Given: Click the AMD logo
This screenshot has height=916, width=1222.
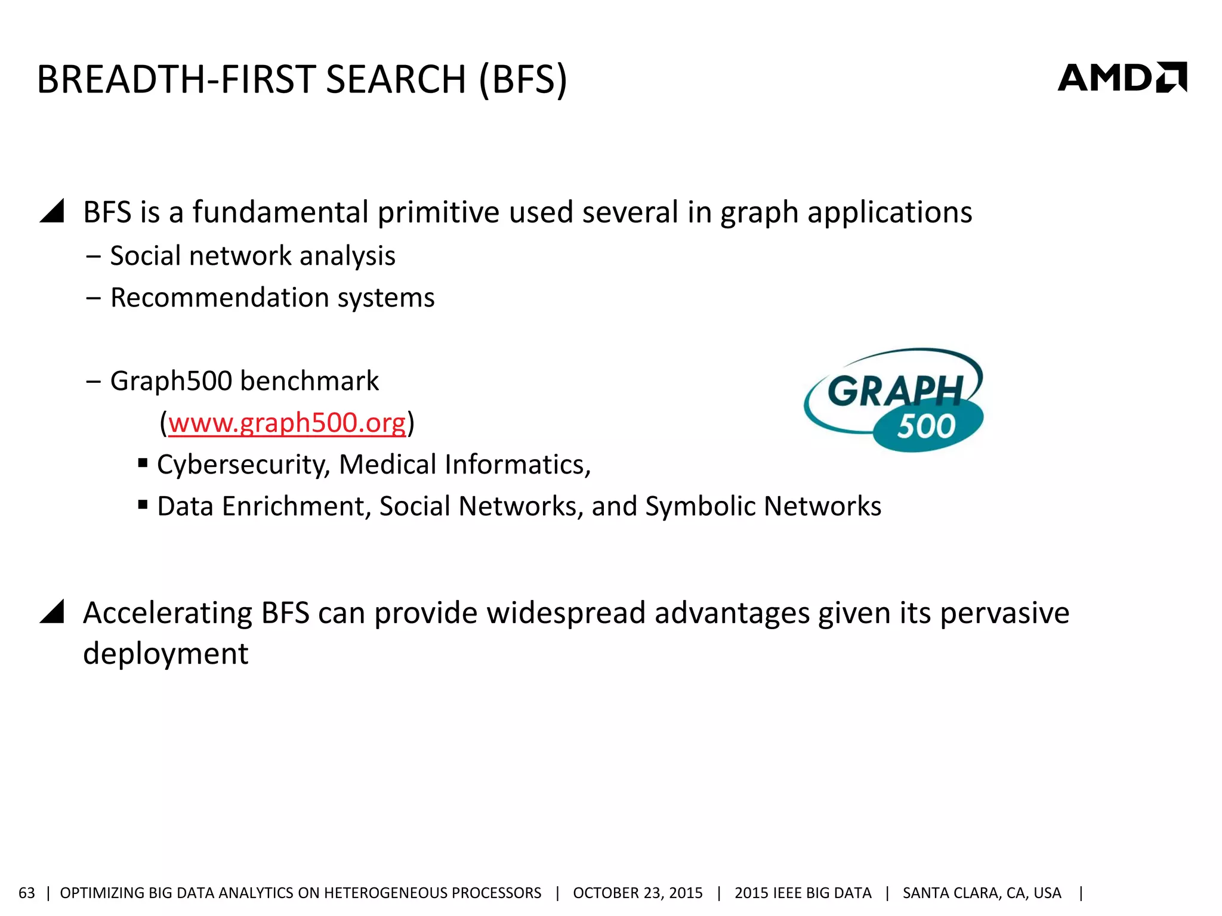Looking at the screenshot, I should (x=1122, y=78).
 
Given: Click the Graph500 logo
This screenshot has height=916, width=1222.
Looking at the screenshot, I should (x=894, y=400).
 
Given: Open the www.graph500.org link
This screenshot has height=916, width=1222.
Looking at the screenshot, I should (x=287, y=423).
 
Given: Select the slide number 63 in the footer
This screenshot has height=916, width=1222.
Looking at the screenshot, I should (x=27, y=893).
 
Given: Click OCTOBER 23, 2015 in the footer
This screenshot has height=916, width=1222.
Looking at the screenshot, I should (x=637, y=893).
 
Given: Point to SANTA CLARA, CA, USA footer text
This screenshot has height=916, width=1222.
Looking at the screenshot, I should (x=982, y=893).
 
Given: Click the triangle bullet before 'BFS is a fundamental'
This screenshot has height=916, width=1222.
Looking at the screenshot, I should (x=53, y=212).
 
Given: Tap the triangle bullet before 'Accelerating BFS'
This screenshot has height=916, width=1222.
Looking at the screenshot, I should (x=53, y=612).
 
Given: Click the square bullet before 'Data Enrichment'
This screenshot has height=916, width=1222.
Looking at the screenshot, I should (x=143, y=505).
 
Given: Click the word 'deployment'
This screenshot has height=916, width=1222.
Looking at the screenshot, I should (x=165, y=654).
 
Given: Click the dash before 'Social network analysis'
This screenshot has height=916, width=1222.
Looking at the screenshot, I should (x=93, y=256).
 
